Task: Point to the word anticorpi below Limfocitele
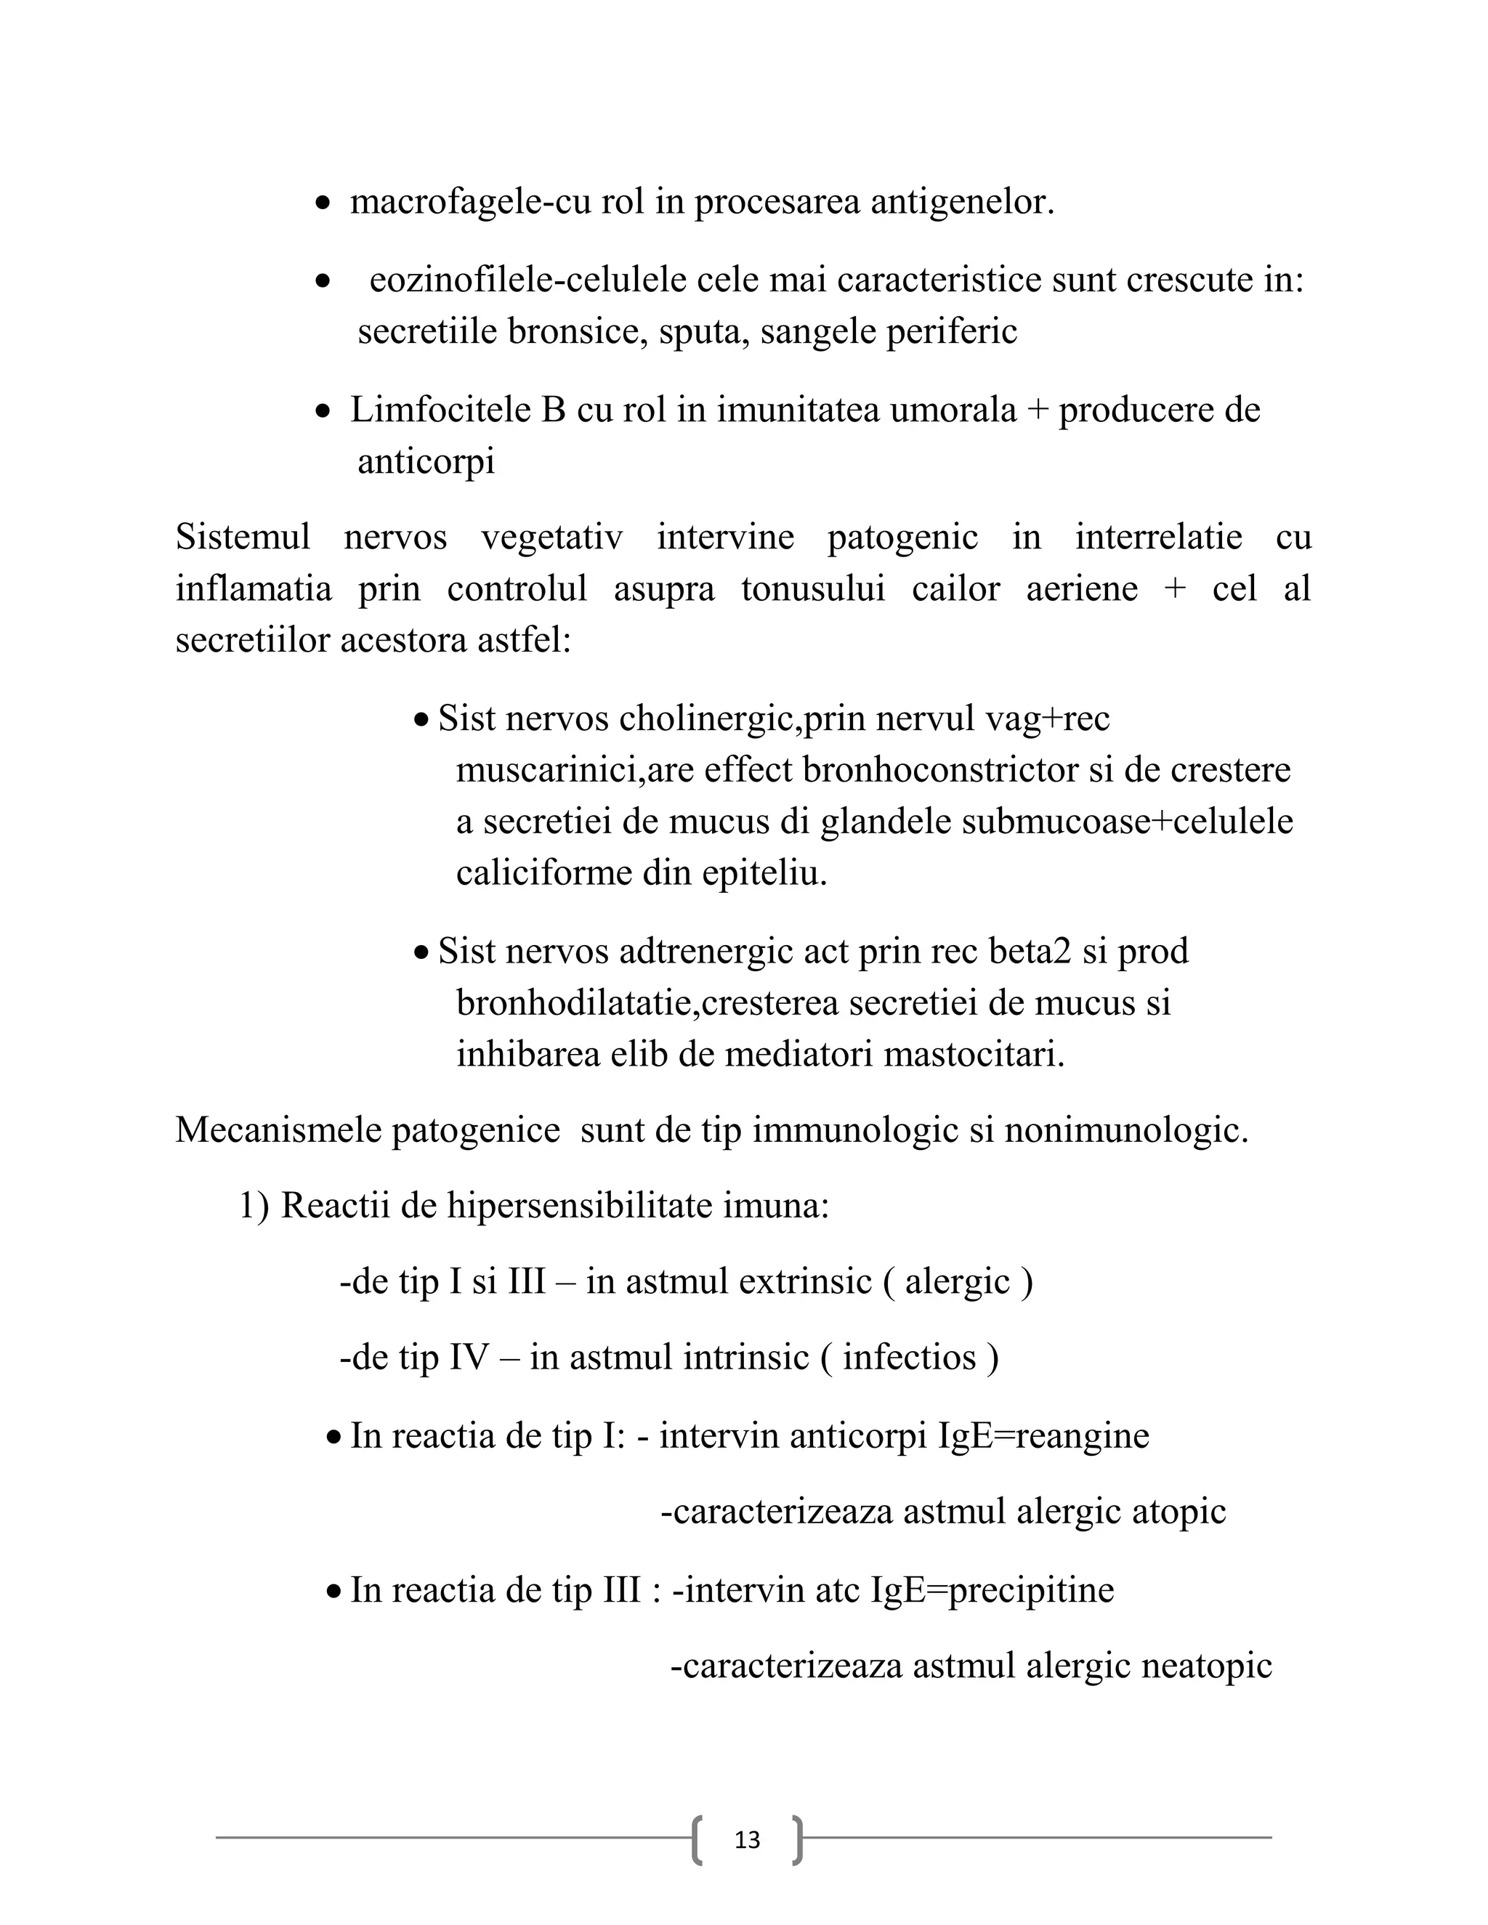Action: (426, 462)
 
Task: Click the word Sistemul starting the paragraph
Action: (243, 537)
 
